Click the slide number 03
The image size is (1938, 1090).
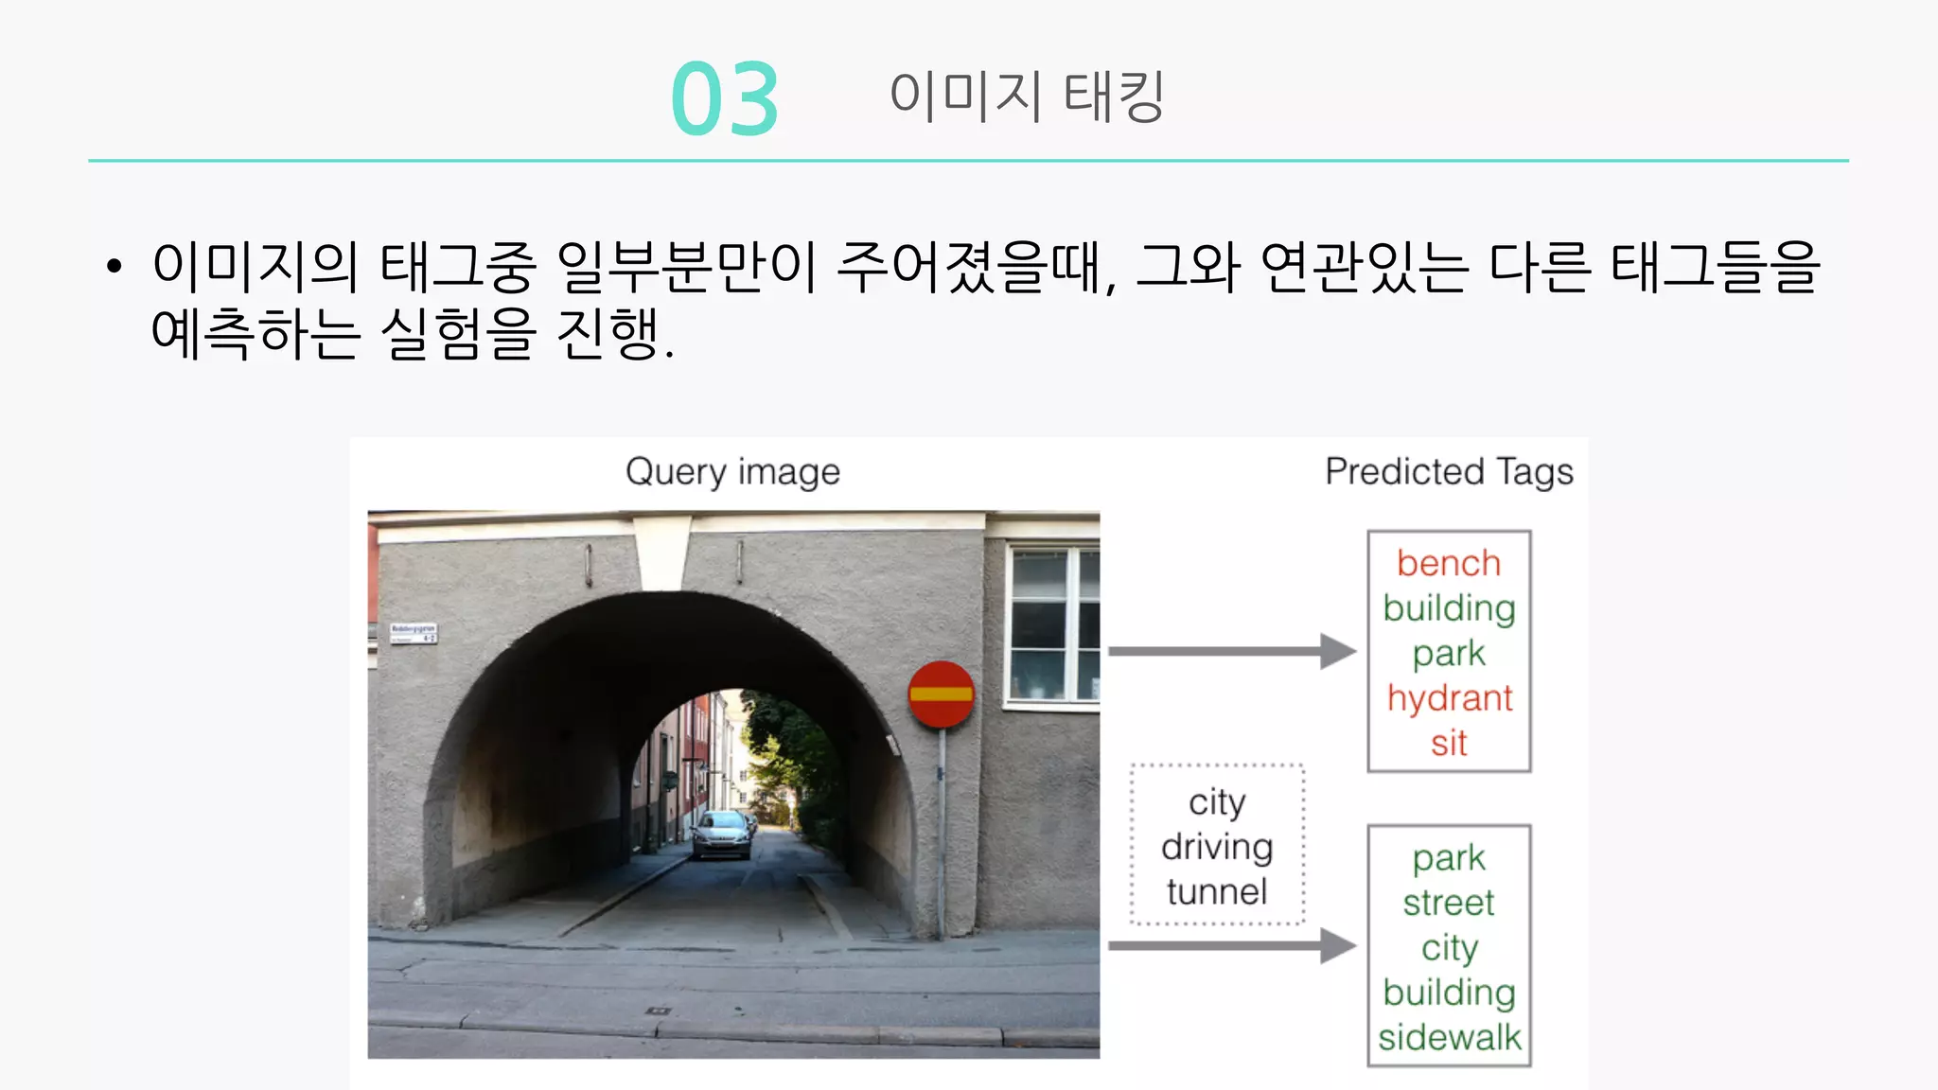pyautogui.click(x=725, y=98)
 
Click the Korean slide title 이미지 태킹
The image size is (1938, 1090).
pyautogui.click(x=1027, y=96)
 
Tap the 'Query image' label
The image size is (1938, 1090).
pyautogui.click(x=732, y=471)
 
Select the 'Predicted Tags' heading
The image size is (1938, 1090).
pyautogui.click(x=1449, y=471)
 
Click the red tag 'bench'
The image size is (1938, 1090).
pyautogui.click(x=1449, y=563)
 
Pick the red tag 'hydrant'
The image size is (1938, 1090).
pyautogui.click(x=1449, y=698)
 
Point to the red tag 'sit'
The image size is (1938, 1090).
pyautogui.click(x=1449, y=743)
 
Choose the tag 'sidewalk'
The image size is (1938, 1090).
pyautogui.click(x=1449, y=1037)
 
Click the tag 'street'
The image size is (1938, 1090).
pyautogui.click(x=1449, y=903)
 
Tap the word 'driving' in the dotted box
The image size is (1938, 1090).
pyautogui.click(x=1217, y=847)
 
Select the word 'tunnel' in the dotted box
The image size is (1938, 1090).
pyautogui.click(x=1217, y=891)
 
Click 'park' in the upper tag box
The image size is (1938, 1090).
pyautogui.click(x=1449, y=653)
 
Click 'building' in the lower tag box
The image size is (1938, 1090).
pyautogui.click(x=1449, y=993)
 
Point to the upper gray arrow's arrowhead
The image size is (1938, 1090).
pyautogui.click(x=1338, y=651)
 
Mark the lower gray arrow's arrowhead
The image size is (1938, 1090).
pyautogui.click(x=1338, y=945)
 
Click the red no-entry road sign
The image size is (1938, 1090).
pyautogui.click(x=941, y=694)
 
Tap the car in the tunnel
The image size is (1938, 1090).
pyautogui.click(x=722, y=835)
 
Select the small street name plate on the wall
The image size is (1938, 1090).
pyautogui.click(x=414, y=632)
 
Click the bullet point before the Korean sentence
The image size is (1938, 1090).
pyautogui.click(x=115, y=267)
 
